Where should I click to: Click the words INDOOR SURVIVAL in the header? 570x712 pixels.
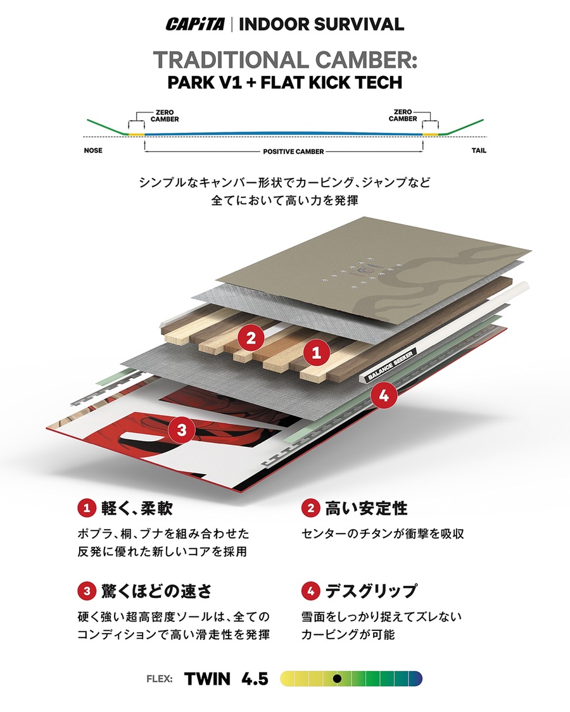point(322,25)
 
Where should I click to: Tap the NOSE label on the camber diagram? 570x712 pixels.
point(93,151)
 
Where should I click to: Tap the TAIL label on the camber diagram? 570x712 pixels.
point(479,151)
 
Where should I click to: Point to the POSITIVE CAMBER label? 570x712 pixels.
point(284,152)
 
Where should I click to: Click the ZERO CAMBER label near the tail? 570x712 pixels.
point(403,115)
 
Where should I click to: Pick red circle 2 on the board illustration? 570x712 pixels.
point(251,337)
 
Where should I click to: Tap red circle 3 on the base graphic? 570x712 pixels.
point(182,431)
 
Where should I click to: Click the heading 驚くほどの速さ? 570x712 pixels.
point(156,591)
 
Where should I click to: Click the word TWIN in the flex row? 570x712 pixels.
point(208,679)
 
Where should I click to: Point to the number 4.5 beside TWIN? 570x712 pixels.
point(255,679)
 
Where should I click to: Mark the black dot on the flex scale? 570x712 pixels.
point(338,678)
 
